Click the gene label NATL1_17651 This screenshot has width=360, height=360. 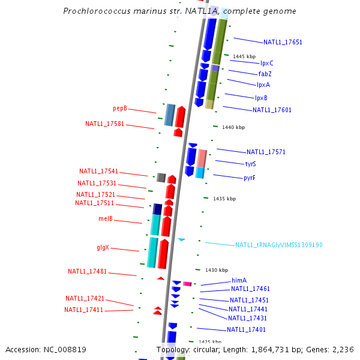tap(283, 42)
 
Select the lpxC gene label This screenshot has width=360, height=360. tap(266, 63)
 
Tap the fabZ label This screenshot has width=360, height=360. tap(265, 74)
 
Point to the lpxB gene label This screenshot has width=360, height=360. tap(261, 98)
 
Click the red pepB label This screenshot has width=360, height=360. tap(120, 108)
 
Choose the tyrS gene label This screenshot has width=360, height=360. tap(250, 164)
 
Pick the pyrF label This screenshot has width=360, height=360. tap(250, 178)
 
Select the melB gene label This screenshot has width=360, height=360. tap(106, 219)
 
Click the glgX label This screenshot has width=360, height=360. tap(103, 248)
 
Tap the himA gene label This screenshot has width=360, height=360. tap(239, 280)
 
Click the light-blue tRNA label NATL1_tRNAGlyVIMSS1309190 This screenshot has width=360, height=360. tap(279, 245)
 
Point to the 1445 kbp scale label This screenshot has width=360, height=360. tap(244, 56)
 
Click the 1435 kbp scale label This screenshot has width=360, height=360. tap(224, 199)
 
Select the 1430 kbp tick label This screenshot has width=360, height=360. tap(217, 270)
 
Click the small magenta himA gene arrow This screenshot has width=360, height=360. tap(187, 284)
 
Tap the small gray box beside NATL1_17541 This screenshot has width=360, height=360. tap(161, 177)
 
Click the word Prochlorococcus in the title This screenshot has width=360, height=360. tap(96, 11)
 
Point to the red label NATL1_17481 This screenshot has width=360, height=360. tap(87, 271)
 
